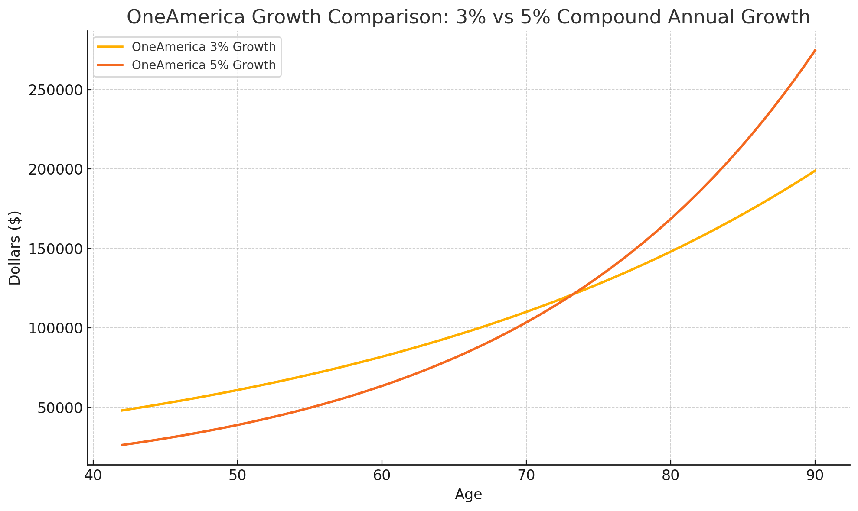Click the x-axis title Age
(x=468, y=495)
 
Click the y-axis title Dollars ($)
(x=15, y=248)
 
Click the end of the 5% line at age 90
(x=815, y=50)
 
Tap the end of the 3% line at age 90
(x=815, y=171)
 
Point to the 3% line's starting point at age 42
(x=122, y=410)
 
